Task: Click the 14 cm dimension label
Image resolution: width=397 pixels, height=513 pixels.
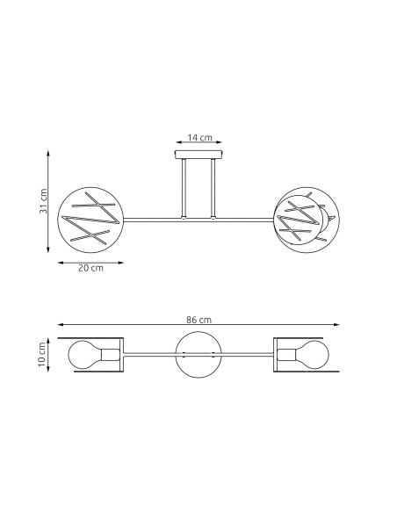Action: pyautogui.click(x=199, y=138)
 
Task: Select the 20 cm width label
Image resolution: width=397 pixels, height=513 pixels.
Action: pyautogui.click(x=90, y=268)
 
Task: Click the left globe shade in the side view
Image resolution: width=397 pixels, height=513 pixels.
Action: pyautogui.click(x=90, y=220)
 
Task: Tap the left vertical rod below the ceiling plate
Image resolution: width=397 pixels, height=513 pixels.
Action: pyautogui.click(x=183, y=189)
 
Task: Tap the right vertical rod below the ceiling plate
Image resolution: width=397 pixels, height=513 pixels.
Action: pyautogui.click(x=213, y=189)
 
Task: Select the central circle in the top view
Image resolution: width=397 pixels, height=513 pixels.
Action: pyautogui.click(x=198, y=355)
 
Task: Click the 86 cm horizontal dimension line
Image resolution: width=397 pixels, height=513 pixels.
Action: pyautogui.click(x=198, y=327)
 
